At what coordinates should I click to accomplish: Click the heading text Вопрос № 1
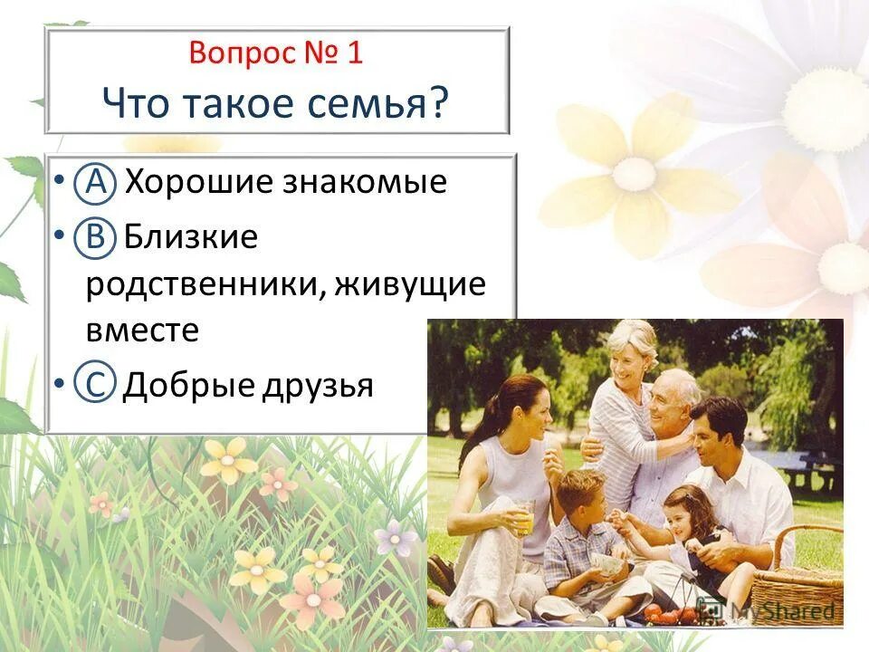pyautogui.click(x=276, y=53)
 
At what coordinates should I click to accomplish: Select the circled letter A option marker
pyautogui.click(x=96, y=182)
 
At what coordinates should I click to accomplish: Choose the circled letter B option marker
pyautogui.click(x=96, y=238)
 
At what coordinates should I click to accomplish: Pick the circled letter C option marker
pyautogui.click(x=96, y=385)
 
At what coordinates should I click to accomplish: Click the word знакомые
pyautogui.click(x=366, y=182)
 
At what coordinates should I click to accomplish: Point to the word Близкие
pyautogui.click(x=191, y=238)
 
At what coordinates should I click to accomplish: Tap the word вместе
pyautogui.click(x=142, y=330)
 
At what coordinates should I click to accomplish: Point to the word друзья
pyautogui.click(x=319, y=385)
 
